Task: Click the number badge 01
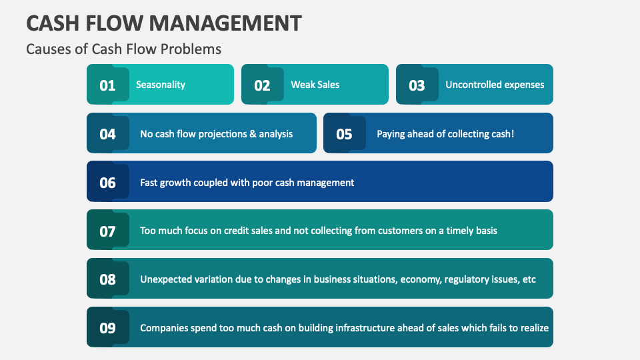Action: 107,85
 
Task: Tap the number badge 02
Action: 262,85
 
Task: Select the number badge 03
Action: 417,85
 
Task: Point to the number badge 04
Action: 107,134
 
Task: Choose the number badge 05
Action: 344,134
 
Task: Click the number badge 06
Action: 107,183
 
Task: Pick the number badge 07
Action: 107,231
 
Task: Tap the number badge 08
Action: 107,279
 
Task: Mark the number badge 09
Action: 107,328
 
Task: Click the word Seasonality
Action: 161,85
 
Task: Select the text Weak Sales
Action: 315,85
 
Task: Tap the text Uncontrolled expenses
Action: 495,85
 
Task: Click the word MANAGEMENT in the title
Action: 225,23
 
